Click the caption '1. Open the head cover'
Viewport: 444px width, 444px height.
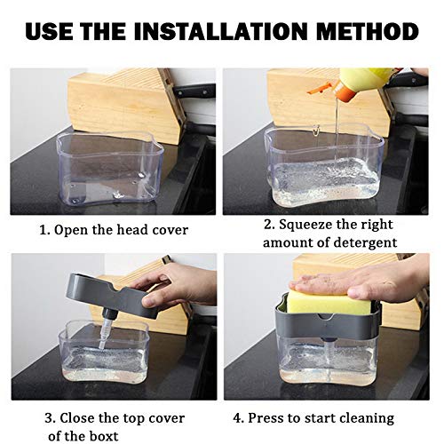coord(113,229)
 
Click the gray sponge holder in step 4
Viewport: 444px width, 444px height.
coord(329,327)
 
